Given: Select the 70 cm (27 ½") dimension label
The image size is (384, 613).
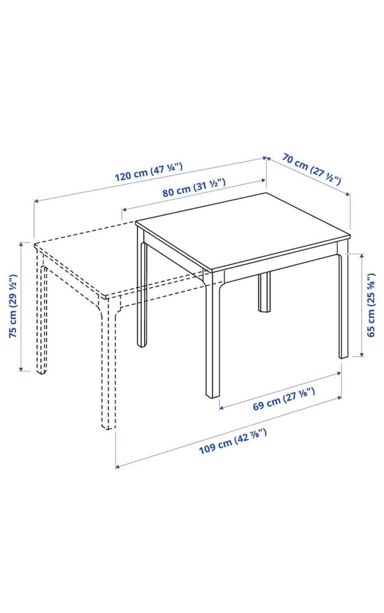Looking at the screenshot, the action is coord(312,169).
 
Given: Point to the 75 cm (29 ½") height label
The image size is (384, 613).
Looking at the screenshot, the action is coord(13,306).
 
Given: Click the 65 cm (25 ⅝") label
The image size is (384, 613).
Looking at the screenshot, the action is coord(371,305).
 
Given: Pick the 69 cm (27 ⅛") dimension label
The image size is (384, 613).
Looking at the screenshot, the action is coord(283,399).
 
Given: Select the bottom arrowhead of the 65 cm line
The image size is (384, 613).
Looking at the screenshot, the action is coord(362,354).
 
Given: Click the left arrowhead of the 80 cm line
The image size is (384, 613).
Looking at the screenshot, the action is coord(124,210).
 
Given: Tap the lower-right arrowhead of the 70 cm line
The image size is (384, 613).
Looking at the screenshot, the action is coord(348,194).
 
